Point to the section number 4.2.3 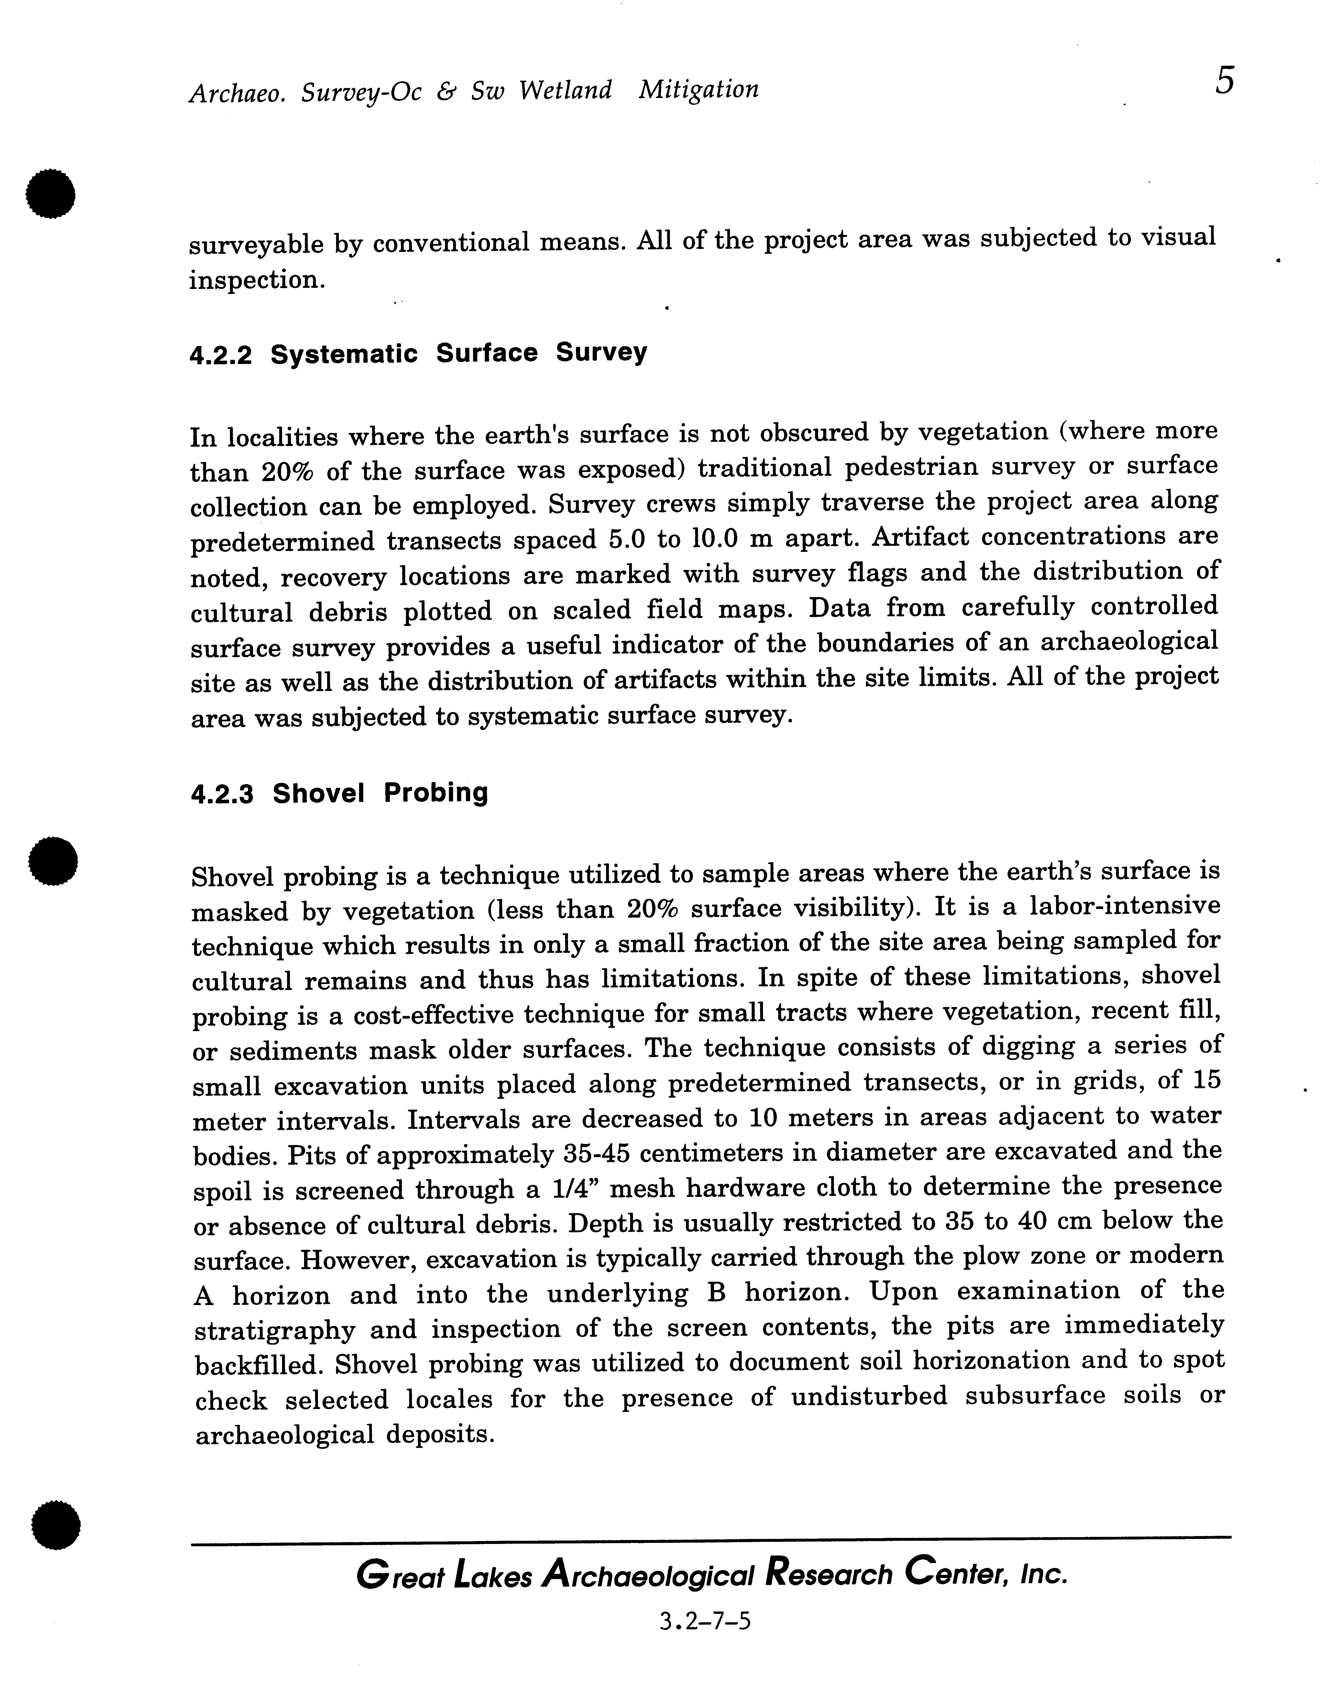[222, 795]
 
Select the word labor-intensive [1125, 906]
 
